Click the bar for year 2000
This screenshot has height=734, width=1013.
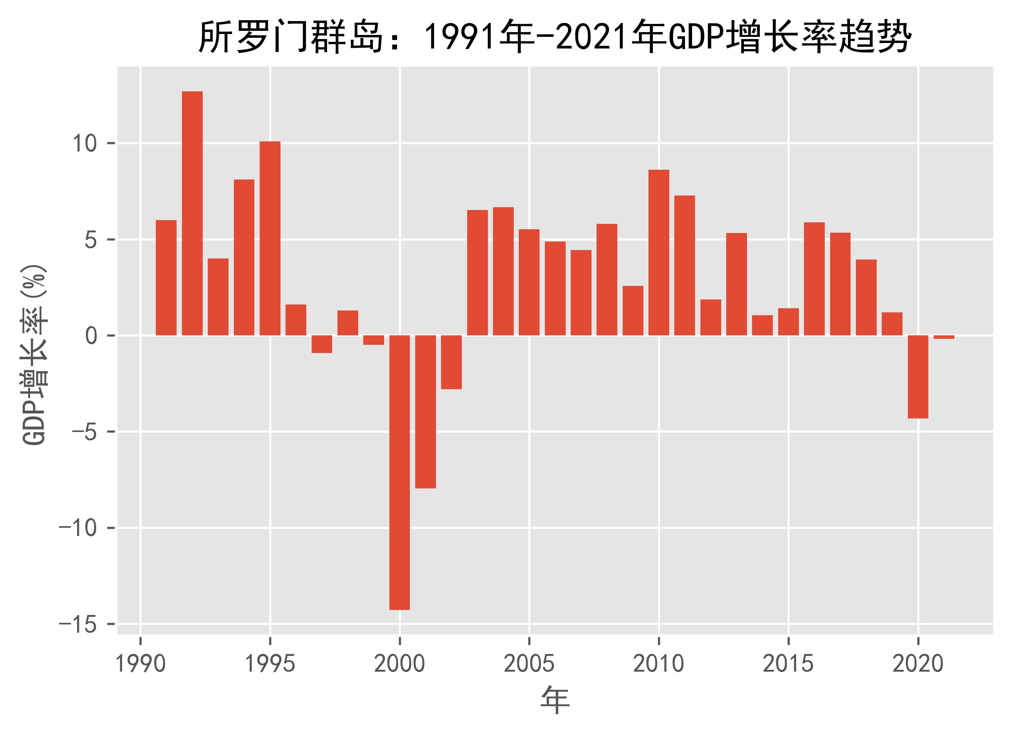pyautogui.click(x=399, y=472)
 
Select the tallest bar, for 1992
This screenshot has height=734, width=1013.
pyautogui.click(x=192, y=213)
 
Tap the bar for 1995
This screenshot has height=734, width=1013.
pyautogui.click(x=270, y=238)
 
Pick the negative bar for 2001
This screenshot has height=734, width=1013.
pyautogui.click(x=425, y=412)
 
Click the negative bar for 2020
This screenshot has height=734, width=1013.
pyautogui.click(x=918, y=377)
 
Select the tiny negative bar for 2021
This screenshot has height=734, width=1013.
pyautogui.click(x=944, y=337)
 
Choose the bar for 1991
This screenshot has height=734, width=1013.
pyautogui.click(x=166, y=277)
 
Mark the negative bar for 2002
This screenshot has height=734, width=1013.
pyautogui.click(x=451, y=362)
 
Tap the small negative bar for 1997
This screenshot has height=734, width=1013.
pyautogui.click(x=322, y=344)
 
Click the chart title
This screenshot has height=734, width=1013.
pyautogui.click(x=554, y=37)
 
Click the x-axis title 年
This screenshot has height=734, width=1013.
pyautogui.click(x=555, y=701)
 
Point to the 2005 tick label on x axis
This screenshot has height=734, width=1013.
pyautogui.click(x=529, y=664)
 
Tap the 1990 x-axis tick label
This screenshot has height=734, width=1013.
pyautogui.click(x=140, y=664)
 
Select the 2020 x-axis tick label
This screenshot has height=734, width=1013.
pyautogui.click(x=918, y=664)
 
